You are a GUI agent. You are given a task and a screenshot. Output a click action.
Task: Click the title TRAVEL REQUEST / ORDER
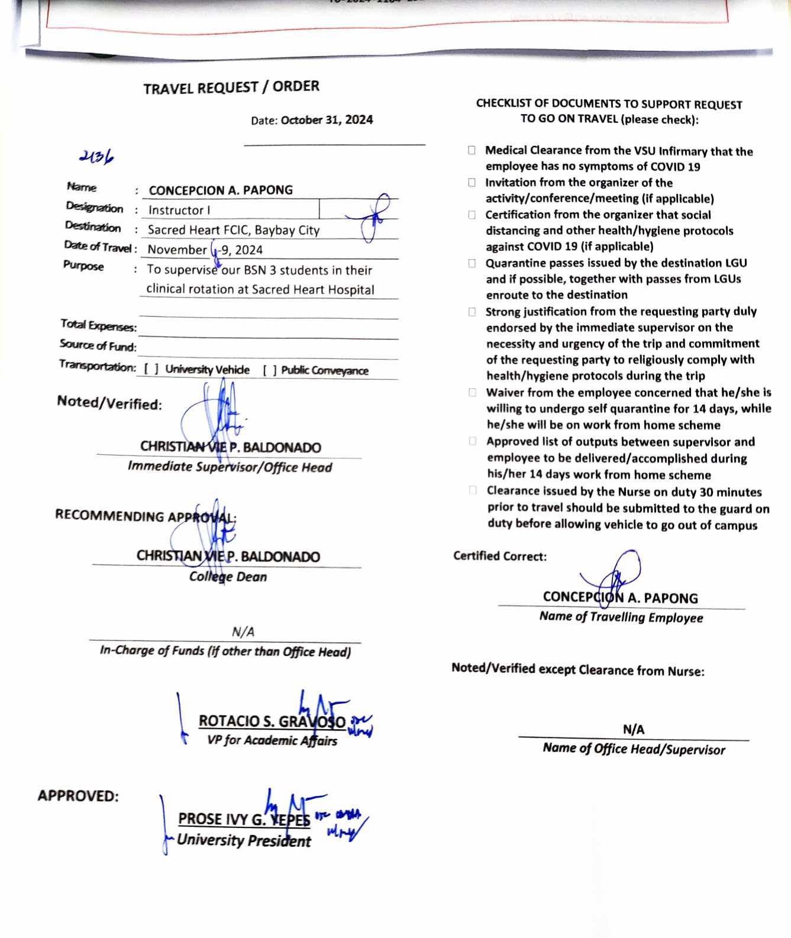click(x=231, y=88)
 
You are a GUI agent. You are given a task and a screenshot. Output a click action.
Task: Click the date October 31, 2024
click(x=327, y=120)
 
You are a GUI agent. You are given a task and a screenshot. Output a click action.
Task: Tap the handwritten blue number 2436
click(x=96, y=157)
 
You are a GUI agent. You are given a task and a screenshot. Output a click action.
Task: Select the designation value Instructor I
click(x=179, y=210)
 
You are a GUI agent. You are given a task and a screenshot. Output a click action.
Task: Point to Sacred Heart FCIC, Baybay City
click(x=233, y=230)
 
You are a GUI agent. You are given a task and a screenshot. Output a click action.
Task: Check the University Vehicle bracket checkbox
click(x=151, y=369)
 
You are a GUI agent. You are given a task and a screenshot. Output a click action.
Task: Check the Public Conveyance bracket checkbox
click(x=270, y=370)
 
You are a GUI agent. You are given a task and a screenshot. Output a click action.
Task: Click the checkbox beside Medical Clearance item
click(x=472, y=150)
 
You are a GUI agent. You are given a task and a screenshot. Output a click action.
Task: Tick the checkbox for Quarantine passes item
click(x=472, y=263)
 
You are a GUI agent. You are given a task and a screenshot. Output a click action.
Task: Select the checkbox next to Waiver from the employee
click(x=473, y=392)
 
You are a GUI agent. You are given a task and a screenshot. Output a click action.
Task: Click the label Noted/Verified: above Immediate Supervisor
click(x=109, y=403)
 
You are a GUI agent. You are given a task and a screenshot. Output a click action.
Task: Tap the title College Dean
click(x=228, y=577)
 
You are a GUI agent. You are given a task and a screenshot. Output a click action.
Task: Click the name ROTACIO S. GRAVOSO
click(x=272, y=721)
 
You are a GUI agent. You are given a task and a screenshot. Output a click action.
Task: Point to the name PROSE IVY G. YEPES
click(x=244, y=819)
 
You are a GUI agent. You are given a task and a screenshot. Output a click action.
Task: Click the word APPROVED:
click(x=78, y=795)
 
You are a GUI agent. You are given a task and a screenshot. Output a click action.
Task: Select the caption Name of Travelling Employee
click(x=621, y=617)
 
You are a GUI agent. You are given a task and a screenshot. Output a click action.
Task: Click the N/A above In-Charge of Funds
click(x=243, y=632)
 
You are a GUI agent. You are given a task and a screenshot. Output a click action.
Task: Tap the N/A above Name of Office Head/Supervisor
click(x=634, y=729)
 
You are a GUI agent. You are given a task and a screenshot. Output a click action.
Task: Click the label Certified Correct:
click(x=500, y=556)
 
